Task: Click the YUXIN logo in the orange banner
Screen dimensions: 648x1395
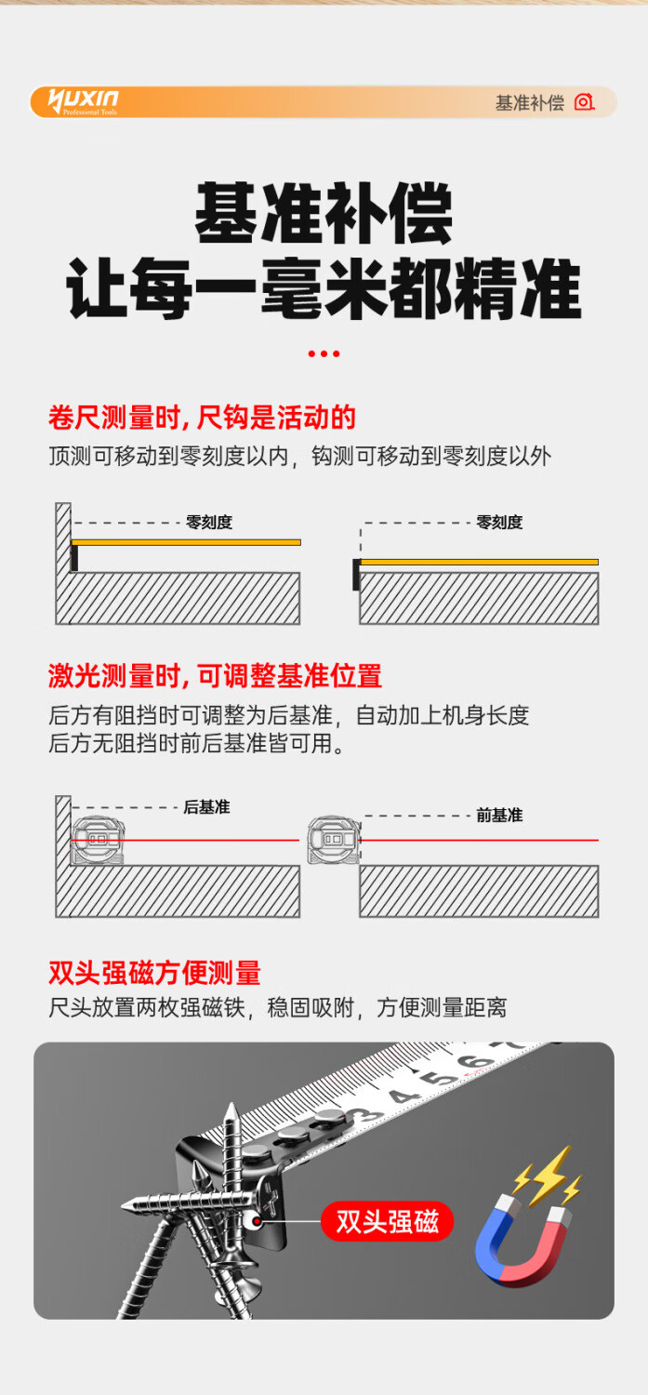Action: click(83, 101)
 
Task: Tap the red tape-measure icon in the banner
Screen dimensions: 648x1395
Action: click(584, 102)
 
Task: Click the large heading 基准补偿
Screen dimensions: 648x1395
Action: click(324, 213)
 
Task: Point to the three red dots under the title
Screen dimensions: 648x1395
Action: click(324, 353)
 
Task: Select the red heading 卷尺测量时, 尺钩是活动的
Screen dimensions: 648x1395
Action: click(202, 418)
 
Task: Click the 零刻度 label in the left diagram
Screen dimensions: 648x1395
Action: click(209, 522)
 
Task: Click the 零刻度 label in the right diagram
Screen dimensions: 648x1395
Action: click(499, 522)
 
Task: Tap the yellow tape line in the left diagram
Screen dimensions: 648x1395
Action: click(186, 542)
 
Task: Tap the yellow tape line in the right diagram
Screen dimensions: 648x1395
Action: click(480, 562)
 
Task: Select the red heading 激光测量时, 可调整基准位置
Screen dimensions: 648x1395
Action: click(216, 676)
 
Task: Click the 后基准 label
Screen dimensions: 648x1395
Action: click(206, 807)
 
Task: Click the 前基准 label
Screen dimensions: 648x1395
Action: click(499, 816)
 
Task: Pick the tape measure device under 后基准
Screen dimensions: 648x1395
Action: click(99, 840)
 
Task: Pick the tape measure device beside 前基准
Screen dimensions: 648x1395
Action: click(334, 840)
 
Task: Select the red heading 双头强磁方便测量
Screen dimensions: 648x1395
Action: click(155, 973)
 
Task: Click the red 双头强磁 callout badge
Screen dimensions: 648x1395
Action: click(387, 1221)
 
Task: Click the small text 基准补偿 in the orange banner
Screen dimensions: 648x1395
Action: click(530, 102)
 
